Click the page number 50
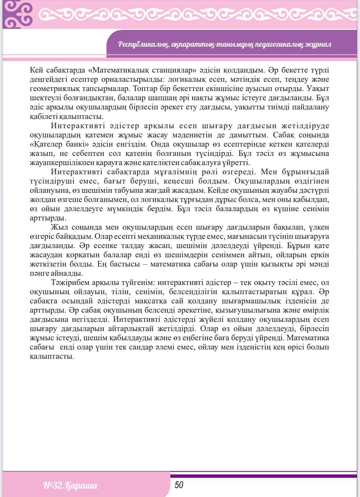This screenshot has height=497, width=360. coord(179,485)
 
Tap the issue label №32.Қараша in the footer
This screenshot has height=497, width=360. coord(70,486)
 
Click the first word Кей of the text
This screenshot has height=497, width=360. coord(37,70)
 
